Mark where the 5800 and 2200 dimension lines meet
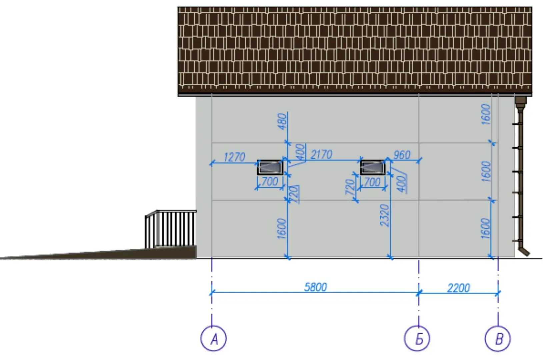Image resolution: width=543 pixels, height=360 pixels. coord(419,293)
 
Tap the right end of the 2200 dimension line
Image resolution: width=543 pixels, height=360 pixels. coord(498,293)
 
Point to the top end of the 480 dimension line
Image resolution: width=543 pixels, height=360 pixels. coord(287,112)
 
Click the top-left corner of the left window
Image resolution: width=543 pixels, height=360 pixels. coord(257,160)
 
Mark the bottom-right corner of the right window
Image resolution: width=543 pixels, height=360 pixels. coord(385,175)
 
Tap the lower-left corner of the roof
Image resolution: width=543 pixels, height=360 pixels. coord(178,96)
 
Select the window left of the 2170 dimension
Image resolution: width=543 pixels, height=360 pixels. coord(270,167)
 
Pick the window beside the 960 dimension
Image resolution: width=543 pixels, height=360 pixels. coord(373,167)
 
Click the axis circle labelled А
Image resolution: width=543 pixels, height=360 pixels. coord(214,338)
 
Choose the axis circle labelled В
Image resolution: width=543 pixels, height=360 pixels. coord(498,338)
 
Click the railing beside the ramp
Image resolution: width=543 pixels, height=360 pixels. coord(171,229)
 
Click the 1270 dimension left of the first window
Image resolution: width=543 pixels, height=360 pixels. coord(234,157)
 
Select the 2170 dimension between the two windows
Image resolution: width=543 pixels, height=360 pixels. coord(321,155)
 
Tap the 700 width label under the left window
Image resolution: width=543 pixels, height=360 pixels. coord(270,181)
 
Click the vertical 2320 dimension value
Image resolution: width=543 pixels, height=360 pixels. coord(384,215)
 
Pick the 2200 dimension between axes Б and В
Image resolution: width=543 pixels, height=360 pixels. coord(459,288)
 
